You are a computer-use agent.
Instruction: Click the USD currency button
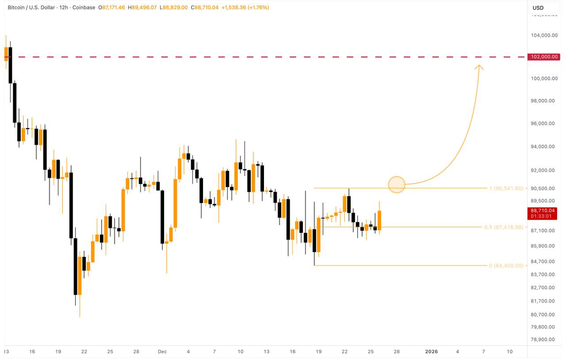click(538, 8)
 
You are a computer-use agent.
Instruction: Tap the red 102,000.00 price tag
click(545, 57)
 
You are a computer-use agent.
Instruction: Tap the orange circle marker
click(397, 184)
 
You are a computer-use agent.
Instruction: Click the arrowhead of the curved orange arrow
click(479, 67)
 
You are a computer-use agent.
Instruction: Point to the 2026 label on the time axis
click(431, 352)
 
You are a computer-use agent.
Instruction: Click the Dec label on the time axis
click(162, 352)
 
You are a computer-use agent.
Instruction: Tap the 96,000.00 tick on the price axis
click(543, 124)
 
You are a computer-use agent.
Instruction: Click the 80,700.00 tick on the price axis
click(543, 315)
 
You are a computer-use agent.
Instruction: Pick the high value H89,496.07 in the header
click(142, 8)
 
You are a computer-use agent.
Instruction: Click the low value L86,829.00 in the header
click(174, 8)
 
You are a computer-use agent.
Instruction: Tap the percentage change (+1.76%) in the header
click(256, 8)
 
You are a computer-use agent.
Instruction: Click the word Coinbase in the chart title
click(84, 8)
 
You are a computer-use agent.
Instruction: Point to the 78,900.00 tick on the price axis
click(543, 339)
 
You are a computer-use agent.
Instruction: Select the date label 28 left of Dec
click(136, 352)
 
